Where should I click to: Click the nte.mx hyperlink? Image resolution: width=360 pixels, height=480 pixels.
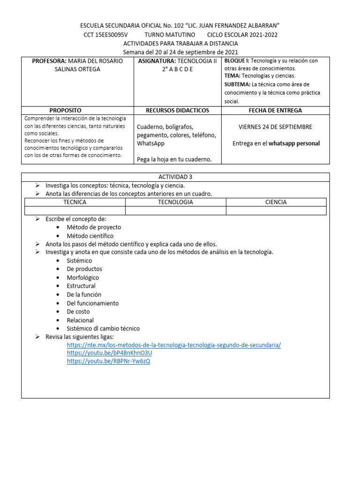(x=174, y=345)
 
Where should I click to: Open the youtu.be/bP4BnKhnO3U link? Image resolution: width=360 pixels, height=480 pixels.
(x=109, y=353)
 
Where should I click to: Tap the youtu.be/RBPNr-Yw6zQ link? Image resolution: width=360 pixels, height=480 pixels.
(x=108, y=361)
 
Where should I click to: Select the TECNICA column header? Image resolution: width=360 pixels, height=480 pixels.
(x=75, y=202)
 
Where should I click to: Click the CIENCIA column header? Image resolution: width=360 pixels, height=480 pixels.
(x=276, y=202)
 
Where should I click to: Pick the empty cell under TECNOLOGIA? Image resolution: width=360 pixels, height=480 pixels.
(x=175, y=211)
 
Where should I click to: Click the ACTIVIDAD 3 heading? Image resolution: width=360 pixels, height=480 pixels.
(x=175, y=177)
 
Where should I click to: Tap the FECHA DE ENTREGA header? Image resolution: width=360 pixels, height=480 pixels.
(x=275, y=110)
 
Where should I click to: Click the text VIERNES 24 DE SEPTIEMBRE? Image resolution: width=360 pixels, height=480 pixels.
(x=275, y=127)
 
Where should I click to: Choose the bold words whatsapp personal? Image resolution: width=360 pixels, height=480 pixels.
(x=294, y=143)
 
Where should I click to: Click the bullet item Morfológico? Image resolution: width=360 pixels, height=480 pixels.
(x=83, y=277)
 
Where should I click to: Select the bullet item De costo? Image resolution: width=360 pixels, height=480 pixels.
(x=78, y=311)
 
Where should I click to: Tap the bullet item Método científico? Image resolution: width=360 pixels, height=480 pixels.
(x=90, y=236)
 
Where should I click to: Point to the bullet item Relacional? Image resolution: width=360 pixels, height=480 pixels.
(x=80, y=320)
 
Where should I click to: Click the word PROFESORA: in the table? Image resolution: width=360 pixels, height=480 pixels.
(x=49, y=61)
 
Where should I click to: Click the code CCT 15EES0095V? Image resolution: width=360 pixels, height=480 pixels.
(x=105, y=35)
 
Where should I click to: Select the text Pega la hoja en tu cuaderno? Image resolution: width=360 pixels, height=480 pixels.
(x=174, y=159)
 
